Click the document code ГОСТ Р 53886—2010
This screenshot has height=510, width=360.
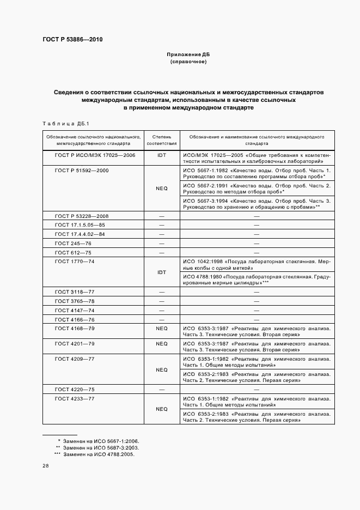pyautogui.click(x=72, y=40)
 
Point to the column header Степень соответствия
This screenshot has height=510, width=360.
pyautogui.click(x=161, y=141)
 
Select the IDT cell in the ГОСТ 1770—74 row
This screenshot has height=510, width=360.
pyautogui.click(x=161, y=272)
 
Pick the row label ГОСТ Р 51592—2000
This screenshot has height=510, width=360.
pyautogui.click(x=82, y=171)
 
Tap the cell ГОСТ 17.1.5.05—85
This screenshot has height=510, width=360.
pyautogui.click(x=80, y=225)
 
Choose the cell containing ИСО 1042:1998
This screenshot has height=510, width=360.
pyautogui.click(x=257, y=265)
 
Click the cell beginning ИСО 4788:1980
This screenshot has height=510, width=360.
pyautogui.click(x=257, y=280)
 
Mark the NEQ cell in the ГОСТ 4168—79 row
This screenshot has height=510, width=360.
pyautogui.click(x=161, y=329)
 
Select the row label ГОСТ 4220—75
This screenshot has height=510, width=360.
pyautogui.click(x=75, y=390)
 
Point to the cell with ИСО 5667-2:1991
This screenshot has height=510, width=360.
pyautogui.click(x=257, y=189)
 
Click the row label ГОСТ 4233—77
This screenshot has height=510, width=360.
pyautogui.click(x=75, y=399)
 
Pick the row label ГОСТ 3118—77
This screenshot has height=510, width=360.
pyautogui.click(x=75, y=292)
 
